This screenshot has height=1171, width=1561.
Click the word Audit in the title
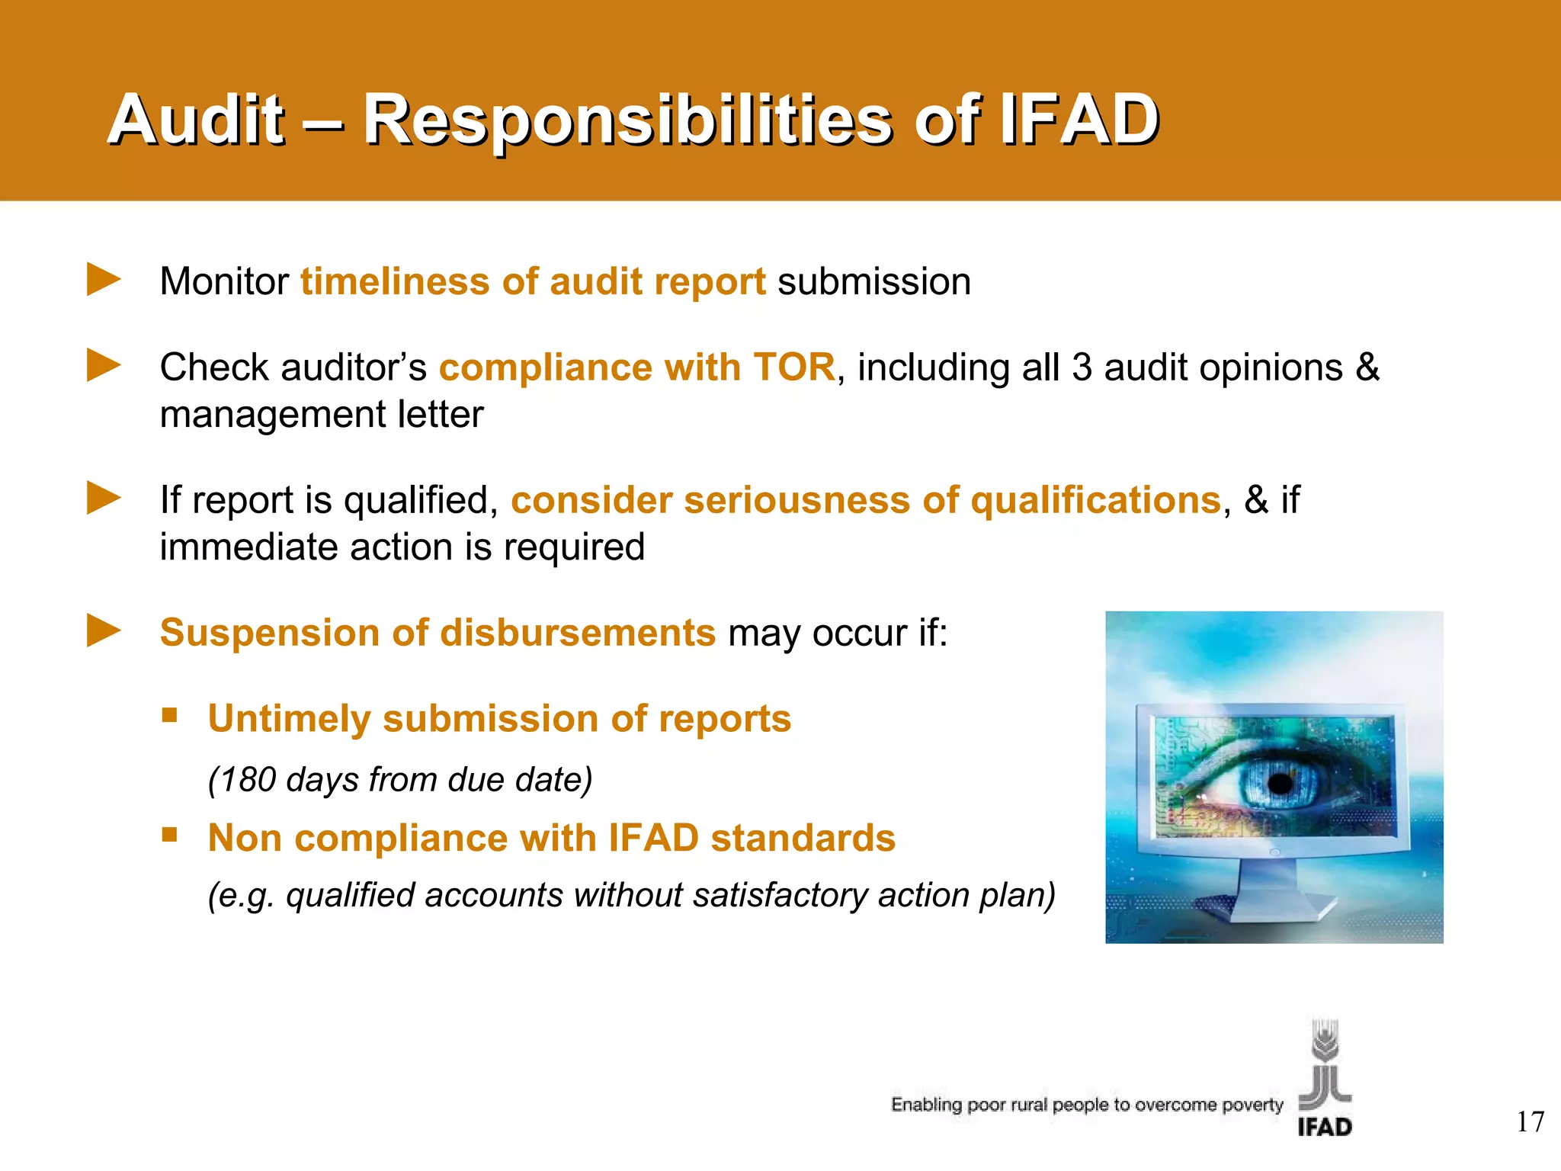(x=197, y=120)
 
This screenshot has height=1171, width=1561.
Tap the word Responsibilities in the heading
(x=627, y=120)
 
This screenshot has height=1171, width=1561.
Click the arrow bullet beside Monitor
(x=104, y=279)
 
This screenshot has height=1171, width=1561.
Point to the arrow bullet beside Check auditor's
(x=104, y=365)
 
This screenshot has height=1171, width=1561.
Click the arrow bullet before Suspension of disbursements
(x=104, y=630)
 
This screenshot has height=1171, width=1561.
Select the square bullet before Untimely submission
(x=169, y=715)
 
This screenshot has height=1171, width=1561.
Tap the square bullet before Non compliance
(x=169, y=835)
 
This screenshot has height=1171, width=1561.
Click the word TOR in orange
(x=793, y=367)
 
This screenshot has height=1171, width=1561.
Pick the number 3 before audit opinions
(x=1082, y=367)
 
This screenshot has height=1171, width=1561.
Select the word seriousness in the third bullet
(x=797, y=501)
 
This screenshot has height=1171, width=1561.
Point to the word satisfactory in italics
(x=780, y=895)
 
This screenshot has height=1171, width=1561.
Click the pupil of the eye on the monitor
(x=1281, y=783)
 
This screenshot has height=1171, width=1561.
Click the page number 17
(x=1530, y=1122)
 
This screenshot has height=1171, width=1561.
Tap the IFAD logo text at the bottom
(x=1325, y=1127)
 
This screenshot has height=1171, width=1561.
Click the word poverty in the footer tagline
(x=1252, y=1105)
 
